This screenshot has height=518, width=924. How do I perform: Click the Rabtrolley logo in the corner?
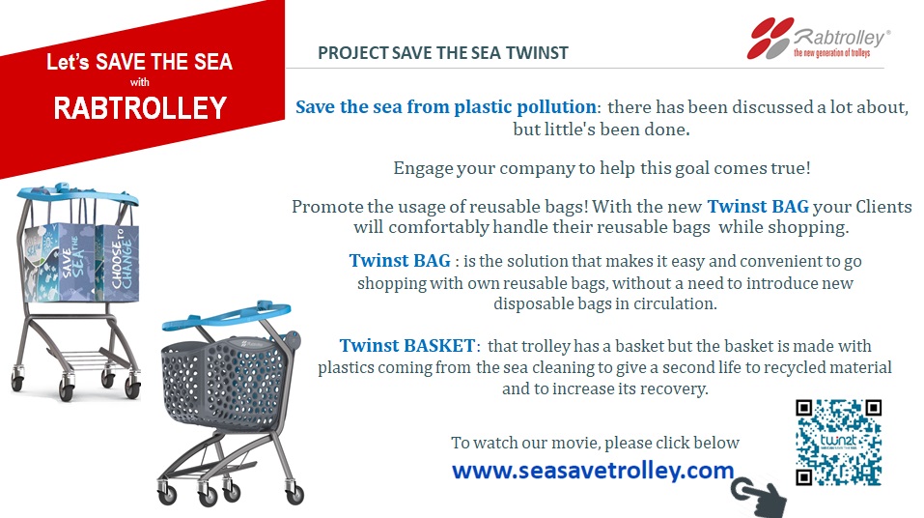[x=819, y=39]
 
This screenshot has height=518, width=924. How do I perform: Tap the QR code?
[x=839, y=443]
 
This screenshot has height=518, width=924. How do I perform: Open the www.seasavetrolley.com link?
[x=593, y=471]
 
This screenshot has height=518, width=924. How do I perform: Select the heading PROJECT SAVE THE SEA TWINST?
[x=443, y=53]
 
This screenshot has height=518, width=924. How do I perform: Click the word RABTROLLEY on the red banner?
[x=140, y=108]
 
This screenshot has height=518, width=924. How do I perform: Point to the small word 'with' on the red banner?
[x=140, y=82]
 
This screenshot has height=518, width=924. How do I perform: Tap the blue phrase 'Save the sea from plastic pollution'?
[x=445, y=106]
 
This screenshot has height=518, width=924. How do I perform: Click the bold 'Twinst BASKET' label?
[x=407, y=345]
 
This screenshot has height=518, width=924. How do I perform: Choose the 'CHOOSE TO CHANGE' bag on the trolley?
[x=120, y=260]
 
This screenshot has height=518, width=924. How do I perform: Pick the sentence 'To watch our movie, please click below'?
[x=595, y=443]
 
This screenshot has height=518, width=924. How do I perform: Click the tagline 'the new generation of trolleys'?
[x=831, y=53]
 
